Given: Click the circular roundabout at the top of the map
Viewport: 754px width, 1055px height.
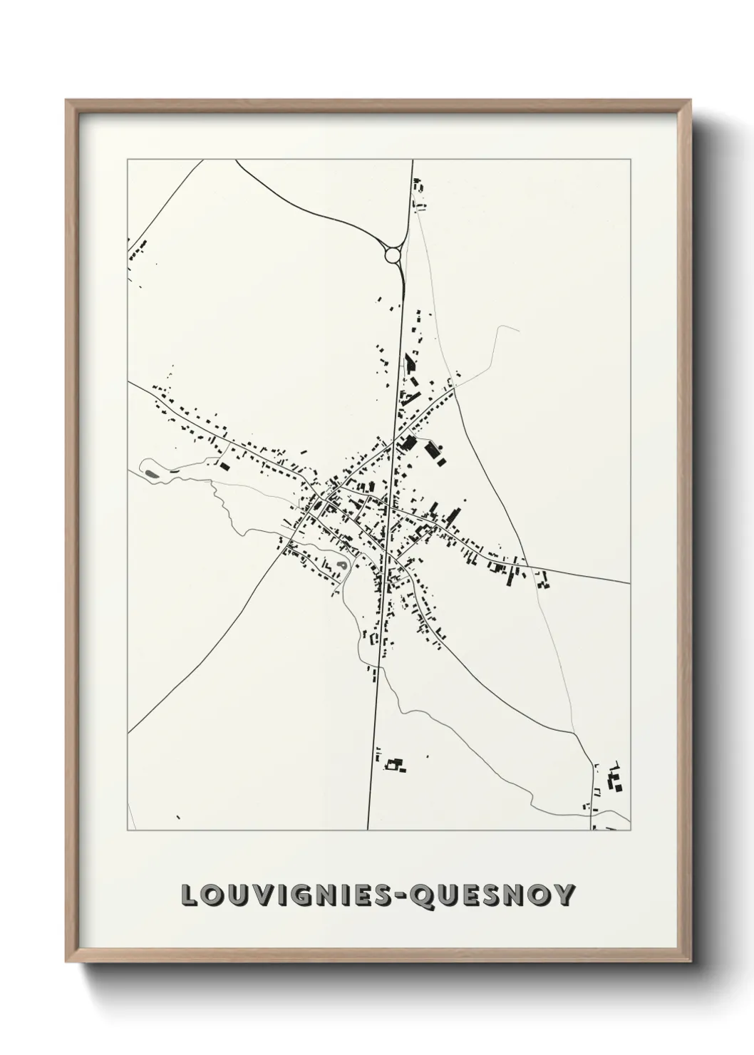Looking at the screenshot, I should tap(393, 254).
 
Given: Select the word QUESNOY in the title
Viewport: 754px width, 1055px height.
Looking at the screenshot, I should tap(492, 895).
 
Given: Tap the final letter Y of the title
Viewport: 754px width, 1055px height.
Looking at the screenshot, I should tap(564, 895).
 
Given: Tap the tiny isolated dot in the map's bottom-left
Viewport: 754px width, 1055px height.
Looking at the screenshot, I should tap(177, 817).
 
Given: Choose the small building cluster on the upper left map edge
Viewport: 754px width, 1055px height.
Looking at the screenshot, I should tap(137, 252).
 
